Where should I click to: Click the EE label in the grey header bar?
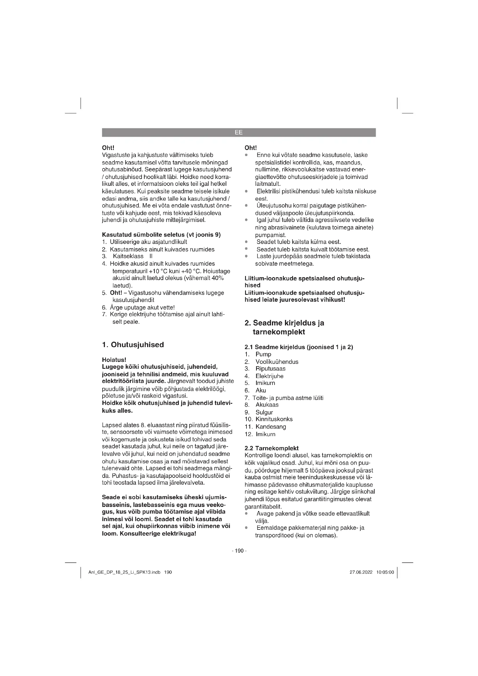click(239, 132)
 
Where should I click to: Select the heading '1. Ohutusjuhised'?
click(133, 345)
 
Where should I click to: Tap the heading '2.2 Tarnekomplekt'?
click(271, 448)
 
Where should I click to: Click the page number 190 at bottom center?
click(239, 551)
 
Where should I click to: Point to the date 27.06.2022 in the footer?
click(361, 572)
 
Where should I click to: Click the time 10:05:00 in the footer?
click(385, 572)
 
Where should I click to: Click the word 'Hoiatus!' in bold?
click(114, 360)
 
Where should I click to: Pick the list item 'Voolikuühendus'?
click(277, 362)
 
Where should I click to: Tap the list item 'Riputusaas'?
click(270, 368)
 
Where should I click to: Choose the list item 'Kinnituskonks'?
click(274, 419)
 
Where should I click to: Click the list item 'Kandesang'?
click(271, 427)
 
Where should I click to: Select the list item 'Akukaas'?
click(267, 405)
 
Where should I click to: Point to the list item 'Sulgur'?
click(264, 412)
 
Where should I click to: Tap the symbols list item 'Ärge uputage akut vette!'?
click(142, 308)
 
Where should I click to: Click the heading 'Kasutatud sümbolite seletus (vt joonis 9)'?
click(161, 235)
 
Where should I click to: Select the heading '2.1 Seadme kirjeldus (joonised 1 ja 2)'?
click(299, 347)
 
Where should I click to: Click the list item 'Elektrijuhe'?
click(269, 376)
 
